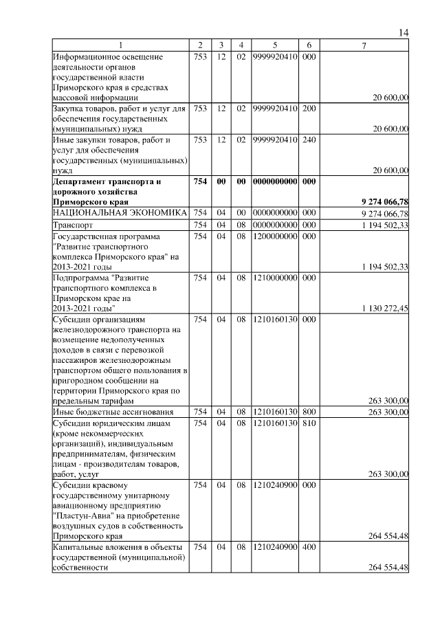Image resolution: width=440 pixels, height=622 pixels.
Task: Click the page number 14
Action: point(404,33)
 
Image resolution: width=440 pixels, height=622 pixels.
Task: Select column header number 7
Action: point(364,45)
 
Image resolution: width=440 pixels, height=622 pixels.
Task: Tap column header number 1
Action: point(121,45)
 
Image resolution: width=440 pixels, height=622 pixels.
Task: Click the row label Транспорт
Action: point(72,225)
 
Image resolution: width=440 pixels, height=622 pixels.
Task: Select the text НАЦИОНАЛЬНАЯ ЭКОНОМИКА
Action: point(120,213)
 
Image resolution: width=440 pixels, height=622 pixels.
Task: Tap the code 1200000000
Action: point(274,236)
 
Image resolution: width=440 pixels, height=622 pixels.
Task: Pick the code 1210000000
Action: point(274,278)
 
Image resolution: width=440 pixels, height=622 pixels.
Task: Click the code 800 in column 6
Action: point(309,412)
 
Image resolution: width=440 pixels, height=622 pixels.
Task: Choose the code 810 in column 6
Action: point(309,423)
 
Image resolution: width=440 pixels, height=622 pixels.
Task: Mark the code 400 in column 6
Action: point(309,546)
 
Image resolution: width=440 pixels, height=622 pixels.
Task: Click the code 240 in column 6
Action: point(309,140)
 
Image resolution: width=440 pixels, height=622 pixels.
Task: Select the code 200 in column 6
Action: point(309,109)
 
